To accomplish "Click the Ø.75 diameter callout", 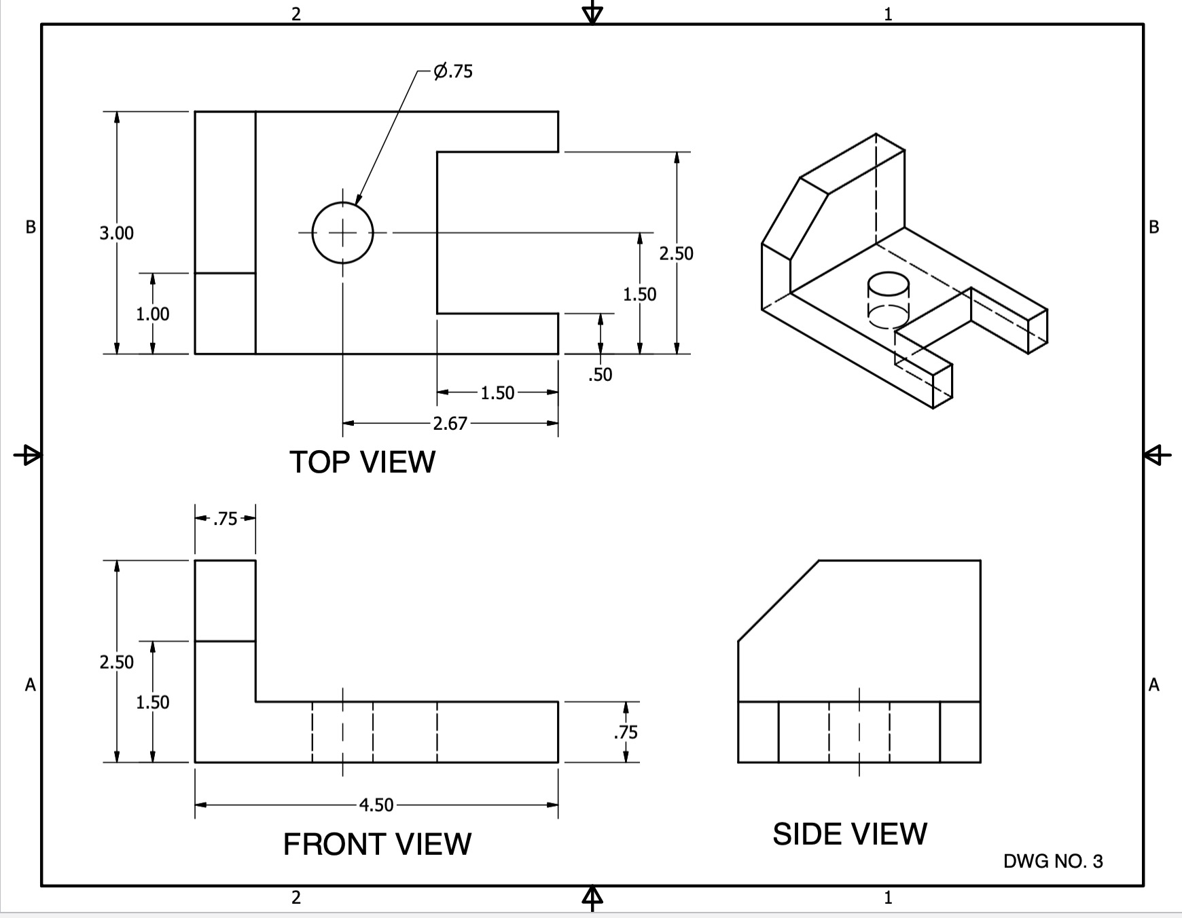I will point(453,71).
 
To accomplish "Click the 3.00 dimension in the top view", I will point(117,233).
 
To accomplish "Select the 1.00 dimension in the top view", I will point(153,314).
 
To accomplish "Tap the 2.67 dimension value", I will point(450,424).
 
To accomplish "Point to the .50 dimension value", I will point(600,375).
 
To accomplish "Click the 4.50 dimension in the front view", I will point(376,805).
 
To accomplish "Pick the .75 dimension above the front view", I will point(225,519).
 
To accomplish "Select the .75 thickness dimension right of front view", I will point(626,732).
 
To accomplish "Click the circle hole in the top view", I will point(343,233).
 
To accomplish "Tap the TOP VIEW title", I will point(362,462).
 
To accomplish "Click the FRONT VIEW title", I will point(377,844).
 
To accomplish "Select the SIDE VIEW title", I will point(849,834).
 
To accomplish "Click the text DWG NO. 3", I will point(1053,862).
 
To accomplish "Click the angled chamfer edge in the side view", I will point(778,600).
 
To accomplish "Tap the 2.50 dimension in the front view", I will point(117,662).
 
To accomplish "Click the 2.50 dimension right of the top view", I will point(676,253).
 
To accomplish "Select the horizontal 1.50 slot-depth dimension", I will point(497,393).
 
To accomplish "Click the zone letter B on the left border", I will point(30,227).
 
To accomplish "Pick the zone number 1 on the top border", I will point(888,14).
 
